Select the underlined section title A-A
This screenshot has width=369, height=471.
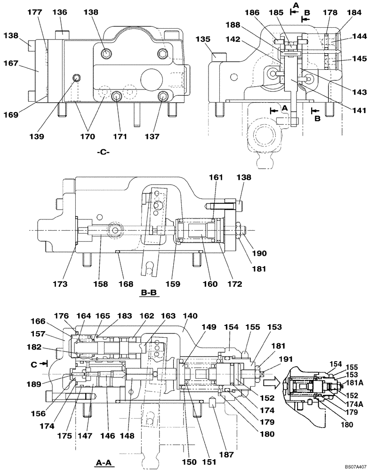click(104, 463)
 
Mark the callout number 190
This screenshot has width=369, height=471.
click(259, 253)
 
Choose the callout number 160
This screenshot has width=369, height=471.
click(210, 284)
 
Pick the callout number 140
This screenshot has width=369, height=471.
click(191, 317)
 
